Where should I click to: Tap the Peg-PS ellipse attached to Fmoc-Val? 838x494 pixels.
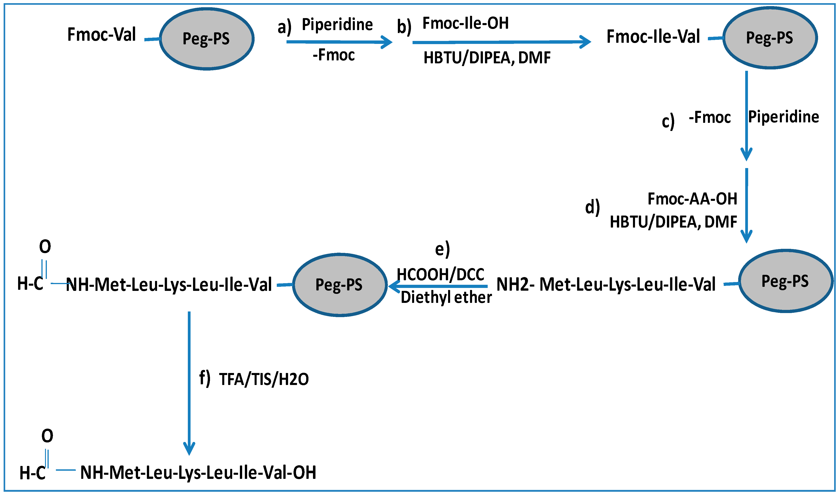point(207,39)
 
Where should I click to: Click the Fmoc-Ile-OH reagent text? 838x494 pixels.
point(465,23)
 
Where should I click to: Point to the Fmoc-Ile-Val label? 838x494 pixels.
point(653,37)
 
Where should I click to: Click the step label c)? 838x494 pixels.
point(668,121)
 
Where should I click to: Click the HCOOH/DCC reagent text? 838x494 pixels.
point(440,275)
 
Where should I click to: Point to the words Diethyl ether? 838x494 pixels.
point(446,297)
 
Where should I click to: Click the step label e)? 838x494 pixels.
point(442,249)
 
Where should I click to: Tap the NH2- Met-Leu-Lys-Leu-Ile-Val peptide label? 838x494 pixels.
point(606,284)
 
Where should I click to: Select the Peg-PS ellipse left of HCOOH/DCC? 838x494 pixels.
point(339,285)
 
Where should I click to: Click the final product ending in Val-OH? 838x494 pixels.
point(198,472)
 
